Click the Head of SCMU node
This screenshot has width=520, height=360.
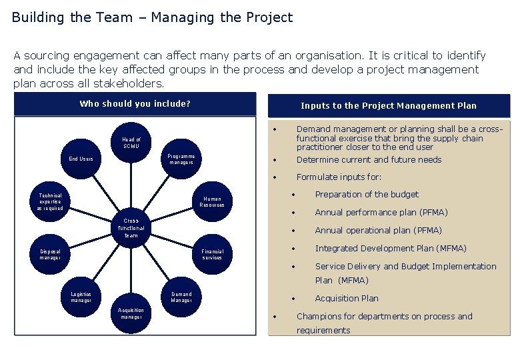[131, 143]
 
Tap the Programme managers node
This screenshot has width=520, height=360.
[181, 158]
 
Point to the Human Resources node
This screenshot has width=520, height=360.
[212, 201]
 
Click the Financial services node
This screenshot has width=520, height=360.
[212, 254]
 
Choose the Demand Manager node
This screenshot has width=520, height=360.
[181, 297]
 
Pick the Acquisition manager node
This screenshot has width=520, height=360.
[131, 313]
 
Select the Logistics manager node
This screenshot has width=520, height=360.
[81, 297]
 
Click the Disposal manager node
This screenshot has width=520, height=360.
[50, 254]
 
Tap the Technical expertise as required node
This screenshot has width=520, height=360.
[50, 201]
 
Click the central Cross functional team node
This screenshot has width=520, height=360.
[131, 227]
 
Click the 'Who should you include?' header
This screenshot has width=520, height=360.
[135, 104]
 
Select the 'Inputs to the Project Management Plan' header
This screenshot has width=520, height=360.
[389, 105]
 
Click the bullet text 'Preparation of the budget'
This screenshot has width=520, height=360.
[367, 195]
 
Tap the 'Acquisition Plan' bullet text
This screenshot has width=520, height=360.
[346, 299]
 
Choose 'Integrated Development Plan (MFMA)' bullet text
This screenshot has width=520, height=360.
[391, 249]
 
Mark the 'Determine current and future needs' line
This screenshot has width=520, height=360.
[369, 160]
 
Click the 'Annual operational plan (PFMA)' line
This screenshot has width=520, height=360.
[378, 231]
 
